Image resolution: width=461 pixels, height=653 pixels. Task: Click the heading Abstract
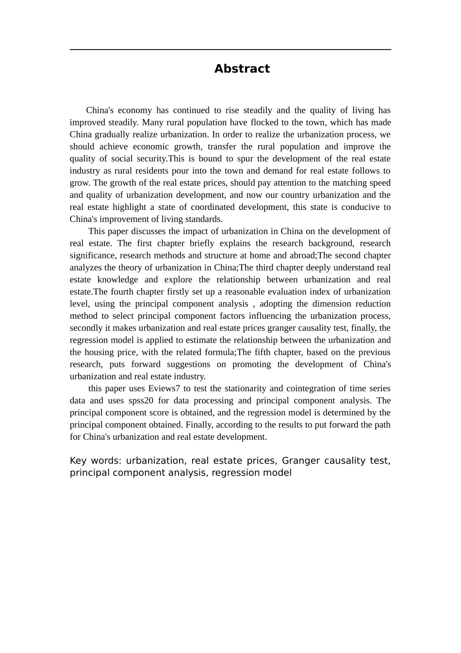click(242, 69)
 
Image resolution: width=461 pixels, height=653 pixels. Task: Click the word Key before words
click(78, 461)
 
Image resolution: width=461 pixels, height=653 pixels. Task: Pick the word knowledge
click(117, 279)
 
